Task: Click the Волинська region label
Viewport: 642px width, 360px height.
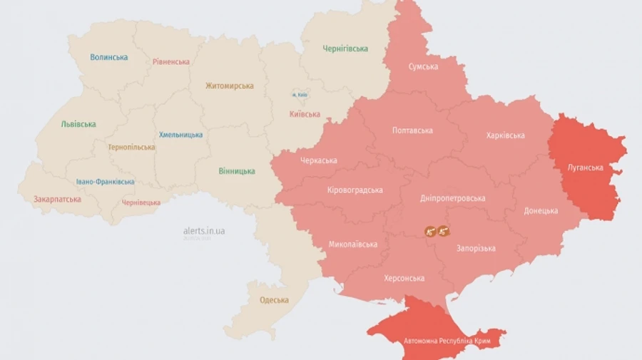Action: coord(109,57)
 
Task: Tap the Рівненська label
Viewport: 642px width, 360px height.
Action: coord(171,61)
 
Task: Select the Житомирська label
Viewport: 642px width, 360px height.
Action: coord(229,86)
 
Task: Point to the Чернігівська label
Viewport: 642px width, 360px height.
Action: coord(345,48)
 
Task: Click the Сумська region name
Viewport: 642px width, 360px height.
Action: coord(423,66)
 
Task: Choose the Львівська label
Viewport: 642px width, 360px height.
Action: coord(78,124)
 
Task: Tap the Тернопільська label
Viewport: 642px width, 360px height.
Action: coord(131,148)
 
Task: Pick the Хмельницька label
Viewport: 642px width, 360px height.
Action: coord(180,135)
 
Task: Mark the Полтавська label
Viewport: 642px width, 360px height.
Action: coord(412,130)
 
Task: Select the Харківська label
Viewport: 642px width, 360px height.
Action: coord(505,135)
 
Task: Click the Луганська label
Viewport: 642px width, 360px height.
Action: coord(585,168)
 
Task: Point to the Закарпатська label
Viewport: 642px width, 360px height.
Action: coord(57,200)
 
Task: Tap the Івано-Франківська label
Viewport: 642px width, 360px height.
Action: coord(105,182)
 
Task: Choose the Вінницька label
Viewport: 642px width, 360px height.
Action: coord(237,171)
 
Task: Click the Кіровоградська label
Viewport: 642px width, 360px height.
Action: coord(355,190)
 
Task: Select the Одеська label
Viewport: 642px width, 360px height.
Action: coord(274,300)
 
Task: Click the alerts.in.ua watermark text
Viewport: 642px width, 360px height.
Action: coord(204,231)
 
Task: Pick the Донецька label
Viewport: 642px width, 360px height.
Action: coord(541,211)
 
